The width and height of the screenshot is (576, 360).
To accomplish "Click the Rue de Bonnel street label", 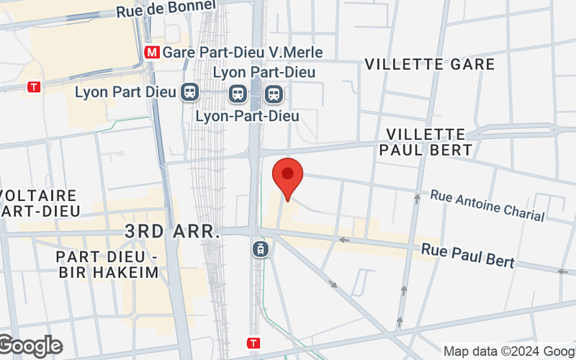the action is click(x=166, y=9).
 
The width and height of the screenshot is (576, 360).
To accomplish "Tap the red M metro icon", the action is click(x=152, y=53).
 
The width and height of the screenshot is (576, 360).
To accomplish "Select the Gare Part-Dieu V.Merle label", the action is click(x=243, y=53).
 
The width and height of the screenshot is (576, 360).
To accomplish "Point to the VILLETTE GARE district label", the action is click(x=430, y=64).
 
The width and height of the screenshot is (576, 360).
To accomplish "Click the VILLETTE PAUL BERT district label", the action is click(x=429, y=142).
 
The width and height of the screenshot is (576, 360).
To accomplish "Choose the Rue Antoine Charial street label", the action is click(x=487, y=204).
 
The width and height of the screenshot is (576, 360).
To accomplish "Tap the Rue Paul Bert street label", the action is click(x=468, y=255).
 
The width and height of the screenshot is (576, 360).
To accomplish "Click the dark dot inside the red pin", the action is click(x=288, y=173).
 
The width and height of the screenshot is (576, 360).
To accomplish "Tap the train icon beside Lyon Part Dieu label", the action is click(x=191, y=92).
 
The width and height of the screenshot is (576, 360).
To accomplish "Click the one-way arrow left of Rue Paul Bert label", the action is click(x=345, y=240).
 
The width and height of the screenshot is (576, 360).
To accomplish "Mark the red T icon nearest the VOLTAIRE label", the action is click(x=33, y=87).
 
